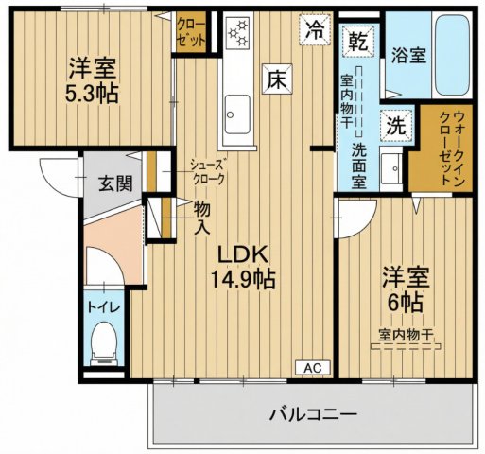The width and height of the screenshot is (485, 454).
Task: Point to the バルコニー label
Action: pyautogui.click(x=312, y=414)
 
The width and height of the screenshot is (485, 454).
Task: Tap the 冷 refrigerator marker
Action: pyautogui.click(x=312, y=29)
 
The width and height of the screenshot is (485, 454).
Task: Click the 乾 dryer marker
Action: pyautogui.click(x=358, y=42)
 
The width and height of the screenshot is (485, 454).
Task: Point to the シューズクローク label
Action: pyautogui.click(x=206, y=170)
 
